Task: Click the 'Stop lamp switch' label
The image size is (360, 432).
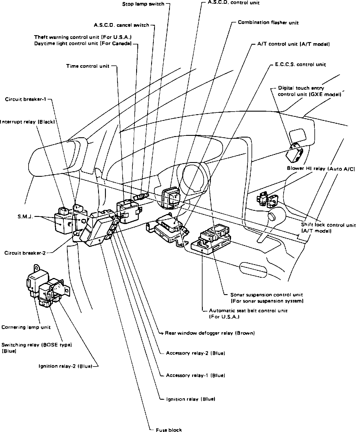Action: click(x=143, y=4)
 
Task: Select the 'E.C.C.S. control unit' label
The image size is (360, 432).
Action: click(x=300, y=65)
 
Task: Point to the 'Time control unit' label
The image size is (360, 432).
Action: click(x=88, y=66)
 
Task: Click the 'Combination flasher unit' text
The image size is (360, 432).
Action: click(x=268, y=22)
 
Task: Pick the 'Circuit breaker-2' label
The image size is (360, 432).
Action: click(x=25, y=253)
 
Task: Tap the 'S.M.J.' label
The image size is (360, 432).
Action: click(x=25, y=217)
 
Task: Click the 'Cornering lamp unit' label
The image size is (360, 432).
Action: click(x=26, y=327)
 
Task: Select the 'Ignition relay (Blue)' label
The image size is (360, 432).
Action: click(x=191, y=399)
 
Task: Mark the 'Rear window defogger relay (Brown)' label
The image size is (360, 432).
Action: click(x=210, y=333)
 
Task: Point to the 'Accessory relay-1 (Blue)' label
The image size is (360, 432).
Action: click(x=195, y=375)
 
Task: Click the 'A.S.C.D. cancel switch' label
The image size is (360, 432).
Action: click(x=121, y=25)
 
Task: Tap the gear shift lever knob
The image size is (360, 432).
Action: click(x=272, y=216)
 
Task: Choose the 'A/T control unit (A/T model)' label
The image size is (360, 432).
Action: click(x=293, y=44)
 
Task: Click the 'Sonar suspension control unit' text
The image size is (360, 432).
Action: click(x=267, y=295)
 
